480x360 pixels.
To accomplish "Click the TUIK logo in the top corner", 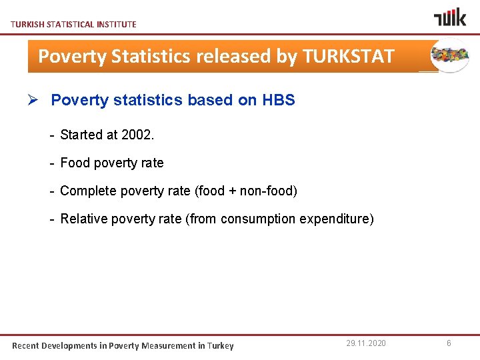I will click(x=450, y=17).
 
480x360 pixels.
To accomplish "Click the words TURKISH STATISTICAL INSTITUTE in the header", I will click(x=73, y=24).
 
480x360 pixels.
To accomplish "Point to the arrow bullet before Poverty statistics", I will click(x=37, y=101).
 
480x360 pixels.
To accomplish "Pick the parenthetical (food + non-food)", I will click(x=246, y=191).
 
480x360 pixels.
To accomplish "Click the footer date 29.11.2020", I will click(x=365, y=343).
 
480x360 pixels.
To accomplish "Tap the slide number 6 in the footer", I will click(x=449, y=343).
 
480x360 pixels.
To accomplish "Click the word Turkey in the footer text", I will click(x=221, y=345).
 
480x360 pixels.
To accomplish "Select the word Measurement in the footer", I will click(x=167, y=345).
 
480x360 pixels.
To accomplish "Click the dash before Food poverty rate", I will click(x=52, y=163).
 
